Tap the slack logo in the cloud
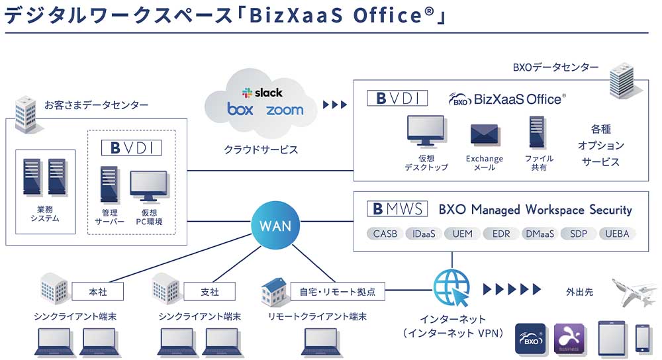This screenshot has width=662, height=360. (262, 93)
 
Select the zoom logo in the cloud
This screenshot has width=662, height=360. (285, 110)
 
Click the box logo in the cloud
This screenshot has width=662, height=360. (240, 109)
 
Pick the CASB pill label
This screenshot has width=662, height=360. (385, 234)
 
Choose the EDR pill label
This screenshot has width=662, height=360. (501, 234)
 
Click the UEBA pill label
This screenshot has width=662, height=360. (617, 234)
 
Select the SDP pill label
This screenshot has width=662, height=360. (579, 234)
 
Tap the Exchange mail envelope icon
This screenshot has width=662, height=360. (484, 135)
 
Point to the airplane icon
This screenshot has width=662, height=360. (634, 291)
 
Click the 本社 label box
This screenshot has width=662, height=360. (98, 291)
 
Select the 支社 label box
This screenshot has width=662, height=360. (210, 291)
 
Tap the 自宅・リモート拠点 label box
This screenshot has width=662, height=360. (338, 291)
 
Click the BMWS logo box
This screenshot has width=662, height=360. (397, 209)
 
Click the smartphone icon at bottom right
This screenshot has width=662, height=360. (643, 338)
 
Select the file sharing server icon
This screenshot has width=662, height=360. (537, 132)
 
